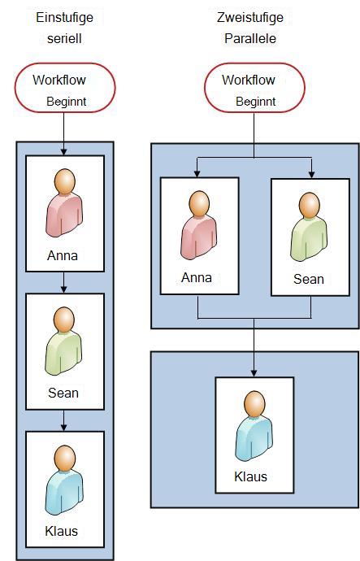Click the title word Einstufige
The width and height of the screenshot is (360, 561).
coord(64,18)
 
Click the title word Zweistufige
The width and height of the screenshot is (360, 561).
coord(250,18)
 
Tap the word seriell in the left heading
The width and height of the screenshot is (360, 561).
coord(64,39)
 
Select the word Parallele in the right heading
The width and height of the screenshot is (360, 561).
coord(250,39)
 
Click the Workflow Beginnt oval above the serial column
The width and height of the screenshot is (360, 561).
coord(65,88)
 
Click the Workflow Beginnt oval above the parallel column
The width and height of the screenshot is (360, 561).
coord(254,88)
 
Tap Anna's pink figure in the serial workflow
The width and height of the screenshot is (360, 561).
coord(64,202)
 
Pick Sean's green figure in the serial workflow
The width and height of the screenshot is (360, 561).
coord(63,341)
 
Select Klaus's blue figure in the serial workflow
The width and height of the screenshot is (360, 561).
coord(64,480)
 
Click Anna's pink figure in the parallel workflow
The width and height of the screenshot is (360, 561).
coord(199,225)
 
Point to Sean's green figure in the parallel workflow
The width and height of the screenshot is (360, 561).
coord(309,227)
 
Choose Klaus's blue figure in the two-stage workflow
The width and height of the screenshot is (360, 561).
coord(254,425)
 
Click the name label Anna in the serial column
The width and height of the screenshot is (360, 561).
coord(63,256)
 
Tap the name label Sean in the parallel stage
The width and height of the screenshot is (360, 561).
coord(309,279)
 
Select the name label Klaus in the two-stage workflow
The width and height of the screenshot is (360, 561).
coord(250,476)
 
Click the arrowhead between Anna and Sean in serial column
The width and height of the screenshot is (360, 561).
coord(63,289)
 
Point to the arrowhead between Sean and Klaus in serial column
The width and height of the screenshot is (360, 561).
coord(63,427)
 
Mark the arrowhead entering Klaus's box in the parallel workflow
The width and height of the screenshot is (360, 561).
coord(254,373)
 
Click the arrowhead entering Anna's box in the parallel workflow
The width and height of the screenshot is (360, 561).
coord(197,174)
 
